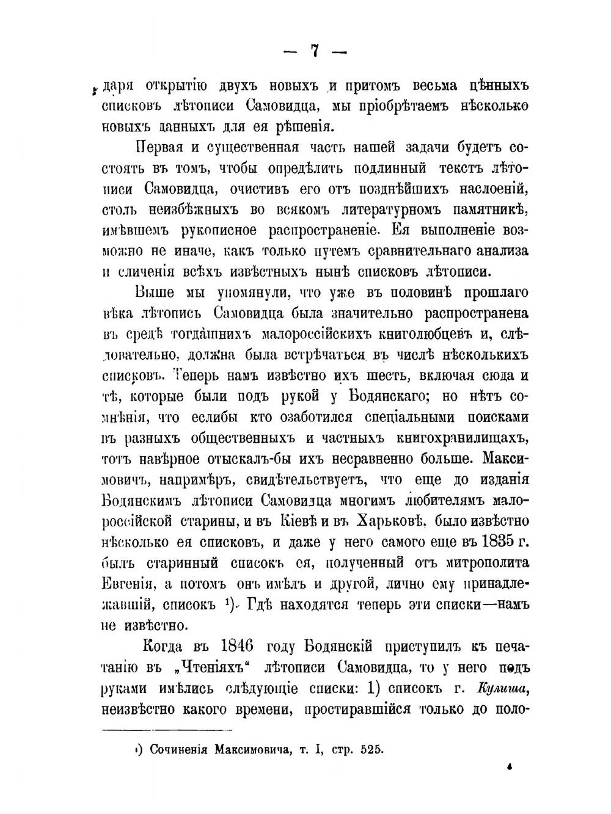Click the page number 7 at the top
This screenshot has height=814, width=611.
(x=315, y=51)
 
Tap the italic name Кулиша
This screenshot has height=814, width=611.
(x=500, y=688)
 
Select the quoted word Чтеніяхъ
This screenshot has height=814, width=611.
(x=207, y=667)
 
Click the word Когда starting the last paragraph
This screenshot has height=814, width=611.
(x=164, y=646)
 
